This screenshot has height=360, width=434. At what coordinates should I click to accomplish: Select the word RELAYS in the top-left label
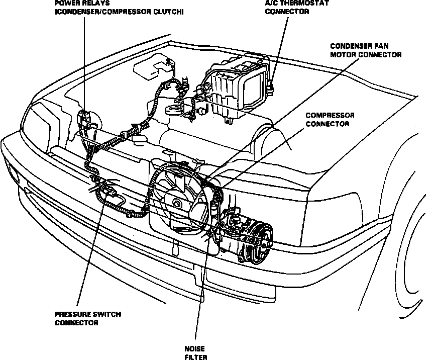[x=92, y=3]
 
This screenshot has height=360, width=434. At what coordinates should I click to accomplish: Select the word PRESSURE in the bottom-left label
[x=73, y=314]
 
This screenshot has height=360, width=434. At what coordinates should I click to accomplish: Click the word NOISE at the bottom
[x=195, y=348]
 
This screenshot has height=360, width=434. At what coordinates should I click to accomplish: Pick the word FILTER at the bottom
[x=195, y=357]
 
